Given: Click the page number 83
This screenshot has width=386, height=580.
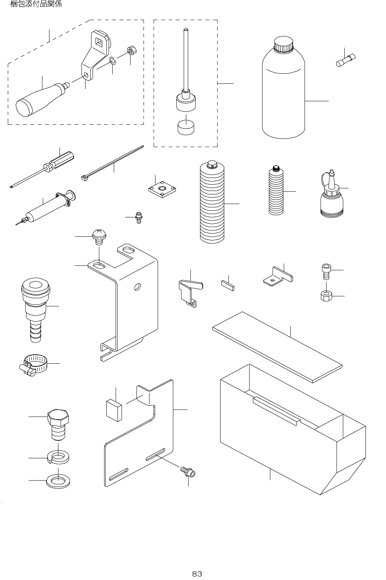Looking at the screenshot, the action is [197, 574].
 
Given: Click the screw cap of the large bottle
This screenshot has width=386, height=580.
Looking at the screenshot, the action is [283, 44].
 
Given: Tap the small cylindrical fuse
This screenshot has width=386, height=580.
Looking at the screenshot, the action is [345, 60].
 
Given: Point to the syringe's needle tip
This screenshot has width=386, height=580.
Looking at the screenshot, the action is [16, 224].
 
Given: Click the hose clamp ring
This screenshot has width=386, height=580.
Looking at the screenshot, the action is [33, 364].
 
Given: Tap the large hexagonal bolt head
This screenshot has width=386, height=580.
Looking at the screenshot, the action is [58, 417].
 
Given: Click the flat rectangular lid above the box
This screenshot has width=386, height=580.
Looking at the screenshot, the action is [277, 347].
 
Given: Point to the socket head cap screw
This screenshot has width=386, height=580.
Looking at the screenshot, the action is [326, 271].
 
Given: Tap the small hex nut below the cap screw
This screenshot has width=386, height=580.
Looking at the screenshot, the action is [327, 296].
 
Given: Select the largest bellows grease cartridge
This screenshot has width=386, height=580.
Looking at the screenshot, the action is [212, 202].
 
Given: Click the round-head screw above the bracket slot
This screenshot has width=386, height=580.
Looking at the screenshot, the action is [99, 236].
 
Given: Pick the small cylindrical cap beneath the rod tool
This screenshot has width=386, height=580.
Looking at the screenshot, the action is [186, 127].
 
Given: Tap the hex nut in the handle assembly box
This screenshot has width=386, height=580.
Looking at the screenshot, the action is [132, 50].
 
